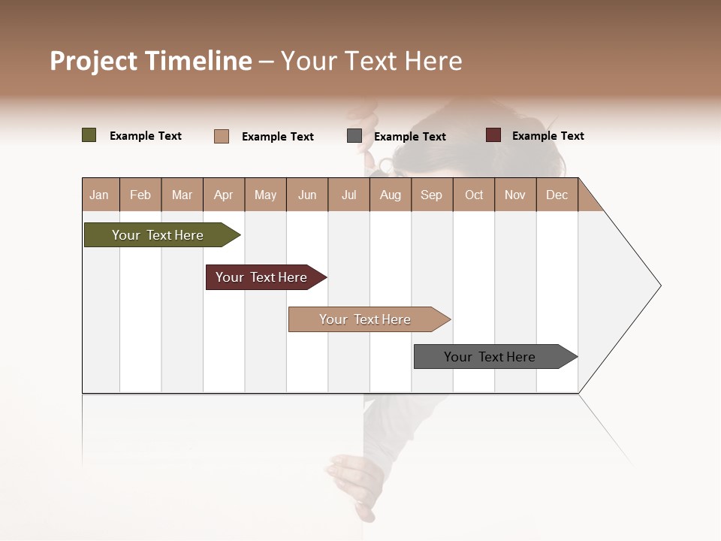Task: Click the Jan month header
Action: (x=99, y=195)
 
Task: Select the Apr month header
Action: (x=223, y=195)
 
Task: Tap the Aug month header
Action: (x=390, y=195)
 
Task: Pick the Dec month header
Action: (x=557, y=195)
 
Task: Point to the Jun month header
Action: (x=306, y=195)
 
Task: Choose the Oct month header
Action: (x=473, y=195)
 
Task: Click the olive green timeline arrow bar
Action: (x=158, y=235)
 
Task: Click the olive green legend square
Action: (x=89, y=135)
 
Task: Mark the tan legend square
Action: (x=222, y=136)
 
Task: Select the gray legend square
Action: (x=354, y=136)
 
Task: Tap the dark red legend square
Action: (x=493, y=135)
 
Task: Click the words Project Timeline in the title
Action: (x=150, y=61)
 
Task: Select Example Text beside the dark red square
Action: (x=548, y=136)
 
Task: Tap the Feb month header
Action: (x=140, y=195)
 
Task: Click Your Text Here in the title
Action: (x=371, y=61)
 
